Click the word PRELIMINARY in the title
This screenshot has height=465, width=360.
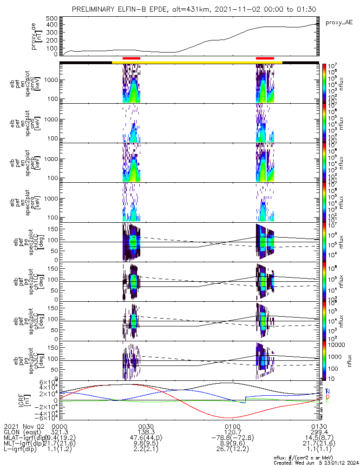(x=94, y=9)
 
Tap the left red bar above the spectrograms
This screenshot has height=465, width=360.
(x=131, y=58)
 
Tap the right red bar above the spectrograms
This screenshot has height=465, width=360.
(x=265, y=58)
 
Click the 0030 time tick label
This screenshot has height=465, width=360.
(x=146, y=426)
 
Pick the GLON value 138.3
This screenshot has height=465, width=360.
(x=146, y=432)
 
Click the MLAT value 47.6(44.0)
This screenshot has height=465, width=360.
(x=146, y=438)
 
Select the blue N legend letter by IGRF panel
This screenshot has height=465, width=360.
(x=328, y=392)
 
